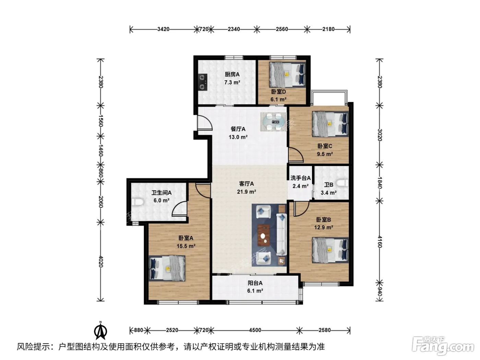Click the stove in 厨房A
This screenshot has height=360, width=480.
point(203,82)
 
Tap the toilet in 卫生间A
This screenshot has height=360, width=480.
point(138,202)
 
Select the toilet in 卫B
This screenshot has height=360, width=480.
point(343,183)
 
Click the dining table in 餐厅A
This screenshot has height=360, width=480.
point(273,122)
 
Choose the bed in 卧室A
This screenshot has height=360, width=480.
point(167,269)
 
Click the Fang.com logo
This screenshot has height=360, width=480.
point(443,347)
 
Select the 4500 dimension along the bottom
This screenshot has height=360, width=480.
point(255,330)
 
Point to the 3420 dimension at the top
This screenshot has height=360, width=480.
point(163,29)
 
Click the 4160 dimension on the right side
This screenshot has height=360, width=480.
point(380,241)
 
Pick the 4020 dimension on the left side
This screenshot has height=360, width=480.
point(100,261)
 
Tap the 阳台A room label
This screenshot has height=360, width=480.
point(255,283)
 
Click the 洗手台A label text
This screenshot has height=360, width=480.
point(300,178)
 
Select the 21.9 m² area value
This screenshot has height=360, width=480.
point(247,192)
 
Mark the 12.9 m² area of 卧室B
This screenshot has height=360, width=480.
point(324,227)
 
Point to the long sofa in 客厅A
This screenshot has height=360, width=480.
point(282,235)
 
